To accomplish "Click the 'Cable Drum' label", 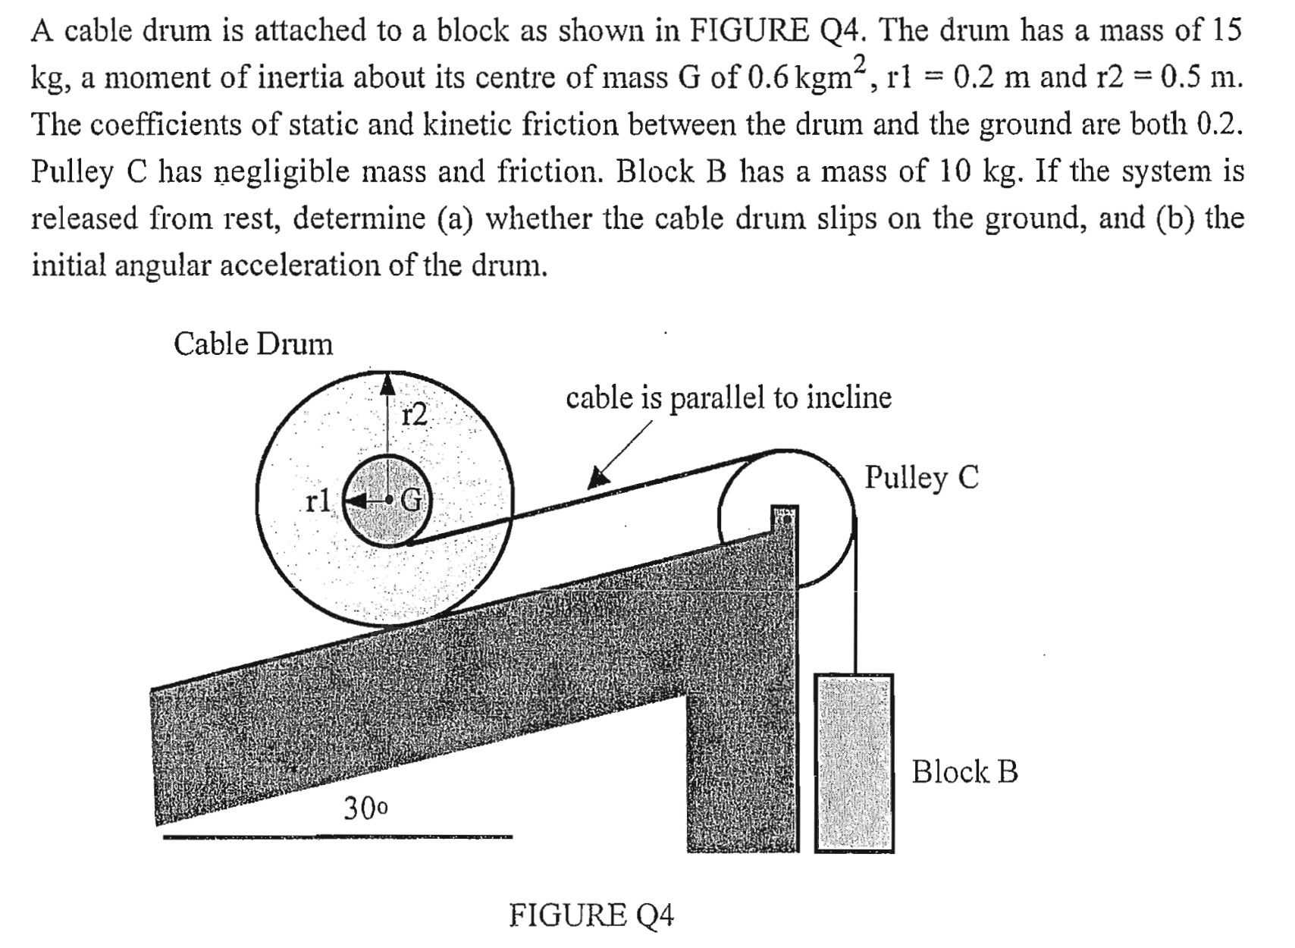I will click(x=252, y=344).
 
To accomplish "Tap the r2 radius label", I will click(x=415, y=414).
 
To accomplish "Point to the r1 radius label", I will click(x=318, y=501).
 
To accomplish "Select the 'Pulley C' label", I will click(x=921, y=478).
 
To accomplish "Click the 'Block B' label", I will click(x=964, y=772).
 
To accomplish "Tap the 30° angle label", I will click(x=365, y=808).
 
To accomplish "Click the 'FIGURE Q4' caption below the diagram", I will click(x=591, y=915).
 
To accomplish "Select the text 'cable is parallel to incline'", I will click(x=728, y=397).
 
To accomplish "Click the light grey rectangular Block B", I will click(x=854, y=762).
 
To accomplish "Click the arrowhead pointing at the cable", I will click(x=599, y=476).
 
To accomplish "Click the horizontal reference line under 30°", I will click(x=337, y=837).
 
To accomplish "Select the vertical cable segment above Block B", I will click(x=855, y=599).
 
